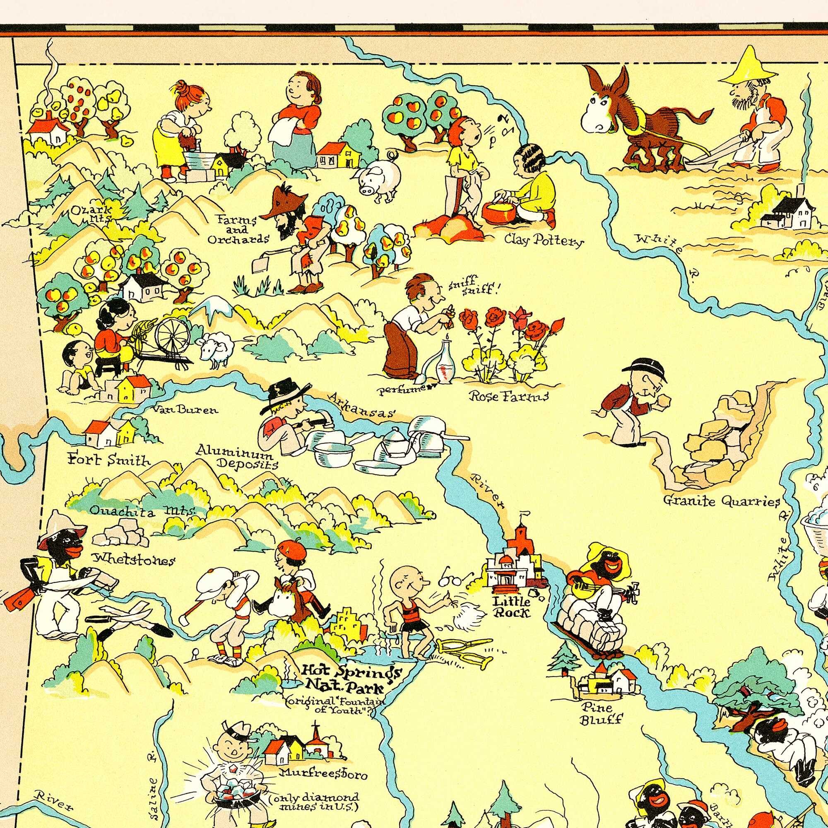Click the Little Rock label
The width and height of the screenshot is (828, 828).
(x=511, y=607)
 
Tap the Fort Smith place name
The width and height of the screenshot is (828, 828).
(x=109, y=461)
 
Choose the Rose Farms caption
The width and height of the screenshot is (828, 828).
(x=509, y=397)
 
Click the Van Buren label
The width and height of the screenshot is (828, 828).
(x=185, y=410)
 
